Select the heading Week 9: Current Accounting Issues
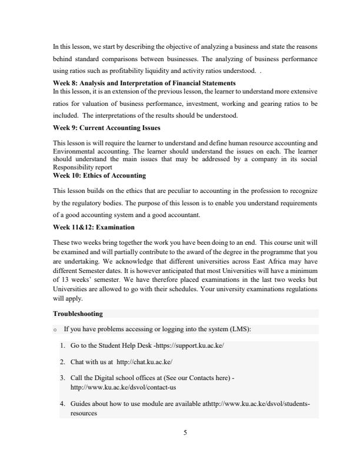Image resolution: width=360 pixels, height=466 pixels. pyautogui.click(x=106, y=128)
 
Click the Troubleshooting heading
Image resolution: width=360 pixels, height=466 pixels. pyautogui.click(x=77, y=314)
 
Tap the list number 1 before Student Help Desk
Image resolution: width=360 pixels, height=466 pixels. pyautogui.click(x=62, y=345)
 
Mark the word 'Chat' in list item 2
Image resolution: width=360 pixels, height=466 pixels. pyautogui.click(x=78, y=362)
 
